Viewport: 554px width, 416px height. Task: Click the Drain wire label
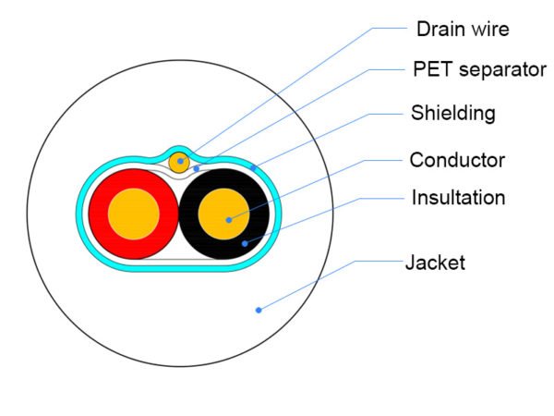tap(463, 29)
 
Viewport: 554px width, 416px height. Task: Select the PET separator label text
tap(480, 69)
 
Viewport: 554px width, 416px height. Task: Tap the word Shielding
tap(453, 113)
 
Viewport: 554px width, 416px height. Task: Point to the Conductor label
tap(457, 160)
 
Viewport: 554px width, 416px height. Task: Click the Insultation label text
tap(458, 198)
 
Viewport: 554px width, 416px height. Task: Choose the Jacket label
tap(435, 263)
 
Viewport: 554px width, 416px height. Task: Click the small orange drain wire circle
tap(179, 163)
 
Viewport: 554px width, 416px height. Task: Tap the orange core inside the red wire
tap(134, 214)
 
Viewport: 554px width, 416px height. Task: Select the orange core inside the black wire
tap(224, 214)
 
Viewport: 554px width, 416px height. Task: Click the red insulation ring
tap(99, 214)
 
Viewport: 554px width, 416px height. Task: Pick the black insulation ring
tap(259, 214)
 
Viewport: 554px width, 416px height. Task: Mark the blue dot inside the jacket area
tap(259, 311)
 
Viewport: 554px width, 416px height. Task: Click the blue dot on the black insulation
tap(245, 244)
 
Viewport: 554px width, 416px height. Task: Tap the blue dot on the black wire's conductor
tap(229, 220)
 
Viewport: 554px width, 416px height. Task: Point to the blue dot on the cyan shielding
tap(253, 168)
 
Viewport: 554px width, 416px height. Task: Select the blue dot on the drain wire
tap(181, 161)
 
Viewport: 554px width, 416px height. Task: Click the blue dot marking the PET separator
tap(197, 169)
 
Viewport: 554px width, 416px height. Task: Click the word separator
tap(502, 70)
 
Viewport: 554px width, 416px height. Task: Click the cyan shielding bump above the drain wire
tap(179, 149)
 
